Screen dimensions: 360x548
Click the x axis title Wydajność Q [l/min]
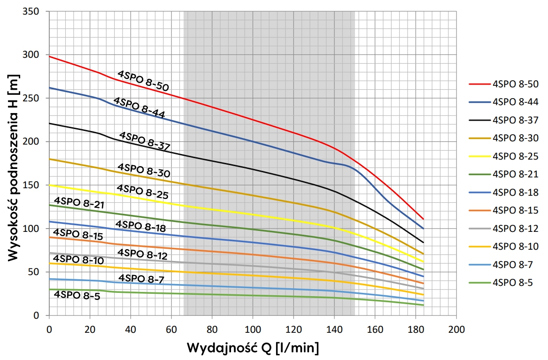pyautogui.click(x=253, y=348)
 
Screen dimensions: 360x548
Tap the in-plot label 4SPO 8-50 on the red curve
pyautogui.click(x=143, y=80)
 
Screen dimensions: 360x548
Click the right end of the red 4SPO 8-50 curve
pyautogui.click(x=423, y=219)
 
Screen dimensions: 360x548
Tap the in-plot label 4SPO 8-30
pyautogui.click(x=143, y=170)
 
